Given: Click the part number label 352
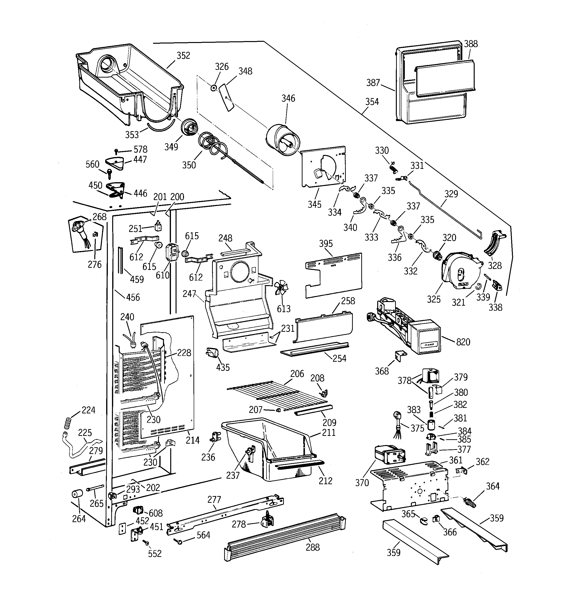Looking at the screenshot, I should (x=183, y=56).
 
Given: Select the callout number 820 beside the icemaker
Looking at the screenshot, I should (x=463, y=342).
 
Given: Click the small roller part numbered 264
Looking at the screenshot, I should (x=77, y=494).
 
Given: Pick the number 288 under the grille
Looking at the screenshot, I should (x=313, y=547).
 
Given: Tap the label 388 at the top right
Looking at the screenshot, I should (x=470, y=44).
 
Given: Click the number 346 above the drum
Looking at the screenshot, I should (x=288, y=98).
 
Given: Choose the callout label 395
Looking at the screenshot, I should (x=326, y=244).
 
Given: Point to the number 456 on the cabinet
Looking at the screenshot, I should (x=133, y=297).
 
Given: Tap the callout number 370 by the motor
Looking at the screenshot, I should (x=362, y=483).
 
